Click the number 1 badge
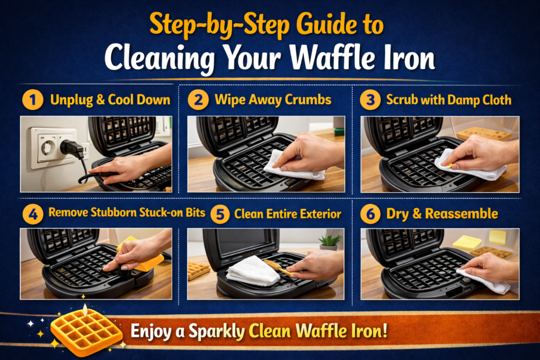pyautogui.click(x=33, y=100)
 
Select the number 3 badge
pyautogui.click(x=370, y=100)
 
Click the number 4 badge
pyautogui.click(x=33, y=214)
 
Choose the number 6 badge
pyautogui.click(x=370, y=214)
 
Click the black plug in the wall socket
pyautogui.click(x=71, y=149)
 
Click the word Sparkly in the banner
pyautogui.click(x=220, y=332)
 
